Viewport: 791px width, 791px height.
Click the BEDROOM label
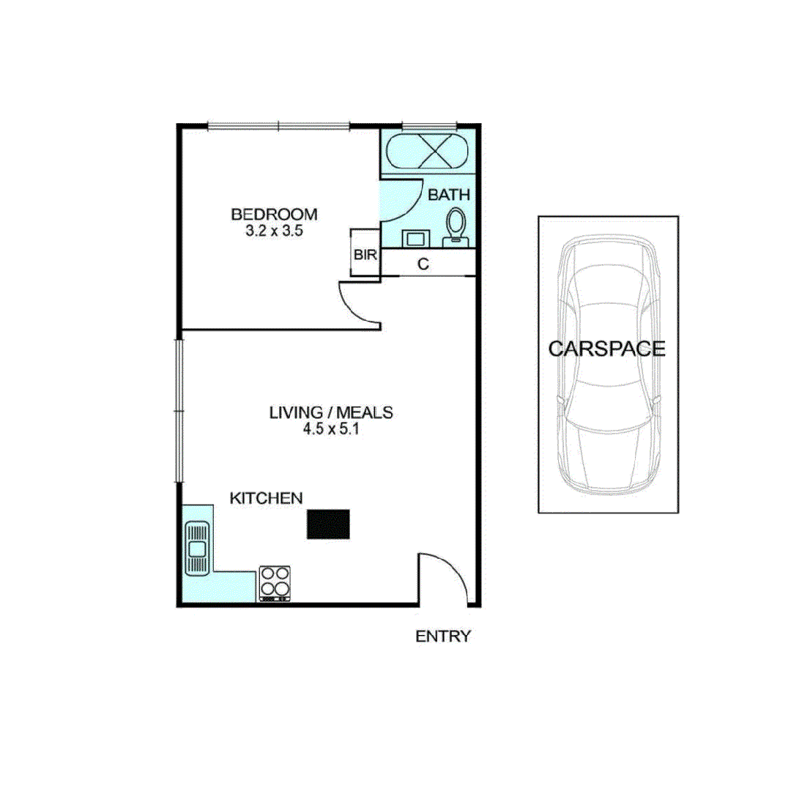pyautogui.click(x=274, y=215)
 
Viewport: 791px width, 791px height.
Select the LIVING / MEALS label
pyautogui.click(x=331, y=412)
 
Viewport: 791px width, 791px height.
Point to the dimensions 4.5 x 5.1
pyautogui.click(x=331, y=429)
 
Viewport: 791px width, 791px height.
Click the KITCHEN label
pyautogui.click(x=267, y=498)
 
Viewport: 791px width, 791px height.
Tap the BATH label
pyautogui.click(x=448, y=195)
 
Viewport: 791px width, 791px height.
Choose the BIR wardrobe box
pyautogui.click(x=365, y=254)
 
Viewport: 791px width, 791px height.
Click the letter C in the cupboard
pyautogui.click(x=423, y=264)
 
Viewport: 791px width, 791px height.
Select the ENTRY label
pyautogui.click(x=443, y=636)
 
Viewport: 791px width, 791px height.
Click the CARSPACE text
pyautogui.click(x=607, y=349)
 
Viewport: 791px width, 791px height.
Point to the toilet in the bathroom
pyautogui.click(x=456, y=225)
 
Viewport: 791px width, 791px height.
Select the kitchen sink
pyautogui.click(x=197, y=547)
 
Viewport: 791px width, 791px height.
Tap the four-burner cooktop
pyautogui.click(x=275, y=583)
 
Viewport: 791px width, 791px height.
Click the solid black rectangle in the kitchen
pyautogui.click(x=329, y=525)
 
